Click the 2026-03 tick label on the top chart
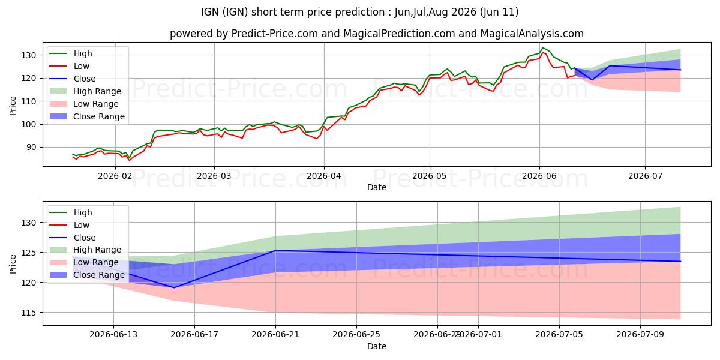click(214, 176)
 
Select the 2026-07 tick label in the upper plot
click(645, 176)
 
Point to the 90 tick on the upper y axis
click(31, 148)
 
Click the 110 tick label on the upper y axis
click(29, 101)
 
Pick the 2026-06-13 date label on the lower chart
click(113, 335)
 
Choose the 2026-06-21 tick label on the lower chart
click(275, 335)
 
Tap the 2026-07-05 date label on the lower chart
click(559, 335)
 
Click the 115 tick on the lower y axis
click(29, 313)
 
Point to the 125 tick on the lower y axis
click(29, 253)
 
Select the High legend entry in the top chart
click(70, 53)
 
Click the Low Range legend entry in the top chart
click(84, 104)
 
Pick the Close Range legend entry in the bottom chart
click(87, 275)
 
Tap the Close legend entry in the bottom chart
click(72, 238)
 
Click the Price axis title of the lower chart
click(13, 264)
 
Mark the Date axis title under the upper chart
click(377, 187)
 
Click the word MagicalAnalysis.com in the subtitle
click(532, 34)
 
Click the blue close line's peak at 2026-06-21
click(275, 250)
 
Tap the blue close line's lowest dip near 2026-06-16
click(174, 287)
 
